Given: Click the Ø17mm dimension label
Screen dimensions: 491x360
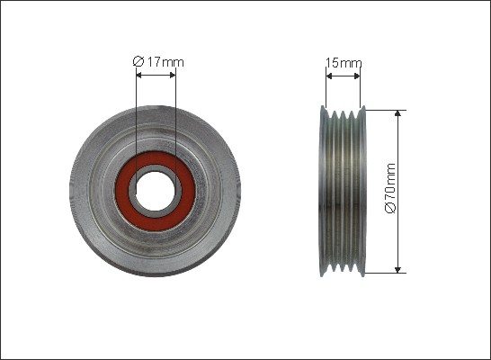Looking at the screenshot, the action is tap(158, 62).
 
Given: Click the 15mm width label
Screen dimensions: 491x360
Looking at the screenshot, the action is tap(344, 63).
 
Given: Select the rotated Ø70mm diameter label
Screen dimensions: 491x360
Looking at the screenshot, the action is tap(390, 188).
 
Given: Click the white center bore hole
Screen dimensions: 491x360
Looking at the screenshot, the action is tap(156, 191).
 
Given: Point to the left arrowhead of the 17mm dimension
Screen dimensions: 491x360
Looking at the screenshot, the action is tap(139, 76).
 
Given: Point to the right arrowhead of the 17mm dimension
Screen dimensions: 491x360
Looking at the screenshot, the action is tap(173, 76).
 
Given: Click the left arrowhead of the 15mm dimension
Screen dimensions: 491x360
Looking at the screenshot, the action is tap(329, 76).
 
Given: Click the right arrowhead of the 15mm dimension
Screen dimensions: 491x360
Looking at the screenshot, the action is tap(357, 76).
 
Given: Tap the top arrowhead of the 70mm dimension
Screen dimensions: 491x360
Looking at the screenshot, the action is tap(397, 113).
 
